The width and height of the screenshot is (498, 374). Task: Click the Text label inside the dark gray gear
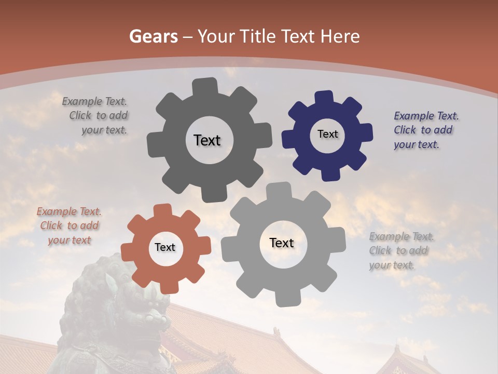(x=207, y=140)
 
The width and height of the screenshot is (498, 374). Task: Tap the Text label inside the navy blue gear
(x=327, y=134)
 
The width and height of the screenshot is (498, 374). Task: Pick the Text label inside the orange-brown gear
(x=165, y=247)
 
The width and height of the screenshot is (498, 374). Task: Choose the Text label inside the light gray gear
(x=282, y=243)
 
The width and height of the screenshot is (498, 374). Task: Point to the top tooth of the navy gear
(x=324, y=98)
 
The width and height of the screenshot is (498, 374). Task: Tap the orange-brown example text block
(x=69, y=226)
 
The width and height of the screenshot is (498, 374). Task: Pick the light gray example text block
(x=400, y=250)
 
